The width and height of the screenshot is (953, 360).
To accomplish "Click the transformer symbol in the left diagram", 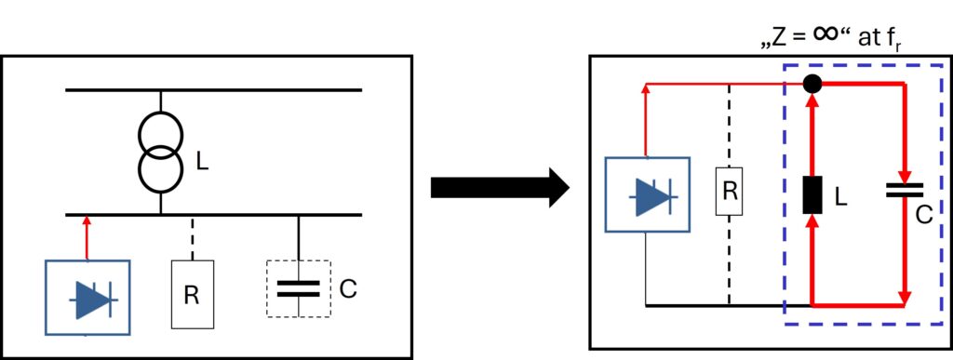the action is tap(160, 153).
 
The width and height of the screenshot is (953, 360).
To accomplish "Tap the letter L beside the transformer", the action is tap(202, 161).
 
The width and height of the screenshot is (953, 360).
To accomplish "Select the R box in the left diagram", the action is tap(192, 295).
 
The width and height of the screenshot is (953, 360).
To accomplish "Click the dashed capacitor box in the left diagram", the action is tap(298, 288).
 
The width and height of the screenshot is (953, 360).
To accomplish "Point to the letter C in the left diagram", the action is tap(348, 289).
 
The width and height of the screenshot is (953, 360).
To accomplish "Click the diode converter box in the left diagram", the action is tap(88, 298).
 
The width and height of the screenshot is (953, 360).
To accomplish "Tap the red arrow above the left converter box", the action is tap(87, 237).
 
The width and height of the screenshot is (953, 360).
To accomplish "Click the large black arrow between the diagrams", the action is tap(500, 188).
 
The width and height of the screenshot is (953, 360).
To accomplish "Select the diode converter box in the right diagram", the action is tap(648, 194).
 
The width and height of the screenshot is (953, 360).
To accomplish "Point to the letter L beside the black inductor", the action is tap(840, 195).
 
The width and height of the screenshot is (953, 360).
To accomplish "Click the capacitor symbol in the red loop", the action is tap(905, 191).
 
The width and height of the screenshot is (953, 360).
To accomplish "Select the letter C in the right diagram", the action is tap(924, 215).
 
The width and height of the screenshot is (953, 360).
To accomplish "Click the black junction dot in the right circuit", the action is tap(812, 84).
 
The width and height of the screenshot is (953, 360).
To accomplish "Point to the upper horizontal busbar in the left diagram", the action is tap(214, 90).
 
